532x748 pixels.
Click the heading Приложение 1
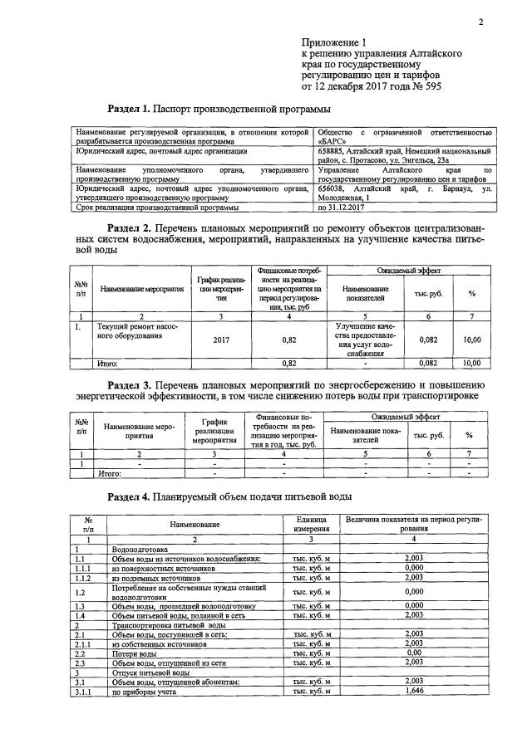[333, 41]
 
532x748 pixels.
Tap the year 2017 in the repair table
[221, 340]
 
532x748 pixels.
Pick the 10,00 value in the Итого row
[471, 363]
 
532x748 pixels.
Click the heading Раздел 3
[138, 386]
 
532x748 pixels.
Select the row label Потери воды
[131, 652]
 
